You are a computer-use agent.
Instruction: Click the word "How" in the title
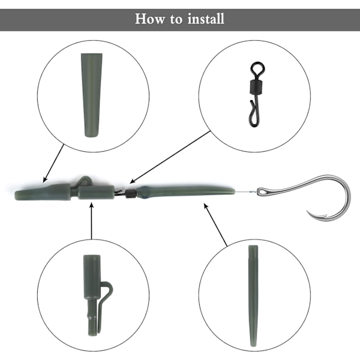click(x=149, y=19)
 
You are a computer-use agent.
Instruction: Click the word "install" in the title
click(x=206, y=19)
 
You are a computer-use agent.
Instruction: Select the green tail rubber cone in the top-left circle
click(x=92, y=95)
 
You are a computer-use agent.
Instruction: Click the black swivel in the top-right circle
click(x=257, y=94)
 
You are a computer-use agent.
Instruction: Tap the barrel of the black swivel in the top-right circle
click(x=256, y=86)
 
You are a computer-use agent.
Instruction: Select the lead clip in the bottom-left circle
click(x=95, y=295)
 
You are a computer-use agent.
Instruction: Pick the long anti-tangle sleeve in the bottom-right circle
click(x=253, y=296)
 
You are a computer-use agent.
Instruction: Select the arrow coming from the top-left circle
click(x=53, y=164)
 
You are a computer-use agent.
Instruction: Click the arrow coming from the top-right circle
click(x=170, y=157)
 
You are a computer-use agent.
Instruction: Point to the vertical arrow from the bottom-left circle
click(x=92, y=220)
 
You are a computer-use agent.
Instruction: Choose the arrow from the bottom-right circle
click(x=215, y=224)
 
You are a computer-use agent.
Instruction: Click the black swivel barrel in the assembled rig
click(x=130, y=194)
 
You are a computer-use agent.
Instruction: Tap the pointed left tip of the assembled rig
click(x=16, y=195)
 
